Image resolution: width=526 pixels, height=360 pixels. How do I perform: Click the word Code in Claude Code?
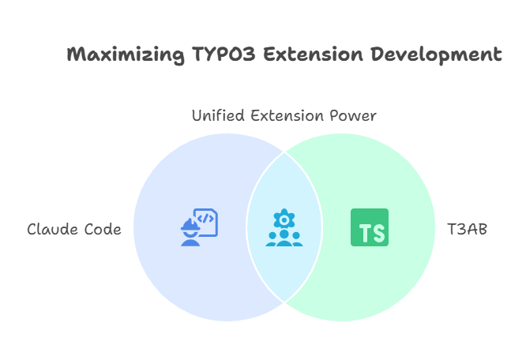[x=104, y=230]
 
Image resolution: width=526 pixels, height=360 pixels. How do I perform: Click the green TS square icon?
[x=370, y=227]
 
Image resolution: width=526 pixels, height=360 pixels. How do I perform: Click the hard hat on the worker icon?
[x=190, y=225]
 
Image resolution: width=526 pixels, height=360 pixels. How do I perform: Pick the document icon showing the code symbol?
[x=206, y=221]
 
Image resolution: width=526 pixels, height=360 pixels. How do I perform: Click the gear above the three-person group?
[x=284, y=217]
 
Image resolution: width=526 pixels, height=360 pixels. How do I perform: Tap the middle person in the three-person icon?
[x=284, y=237]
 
